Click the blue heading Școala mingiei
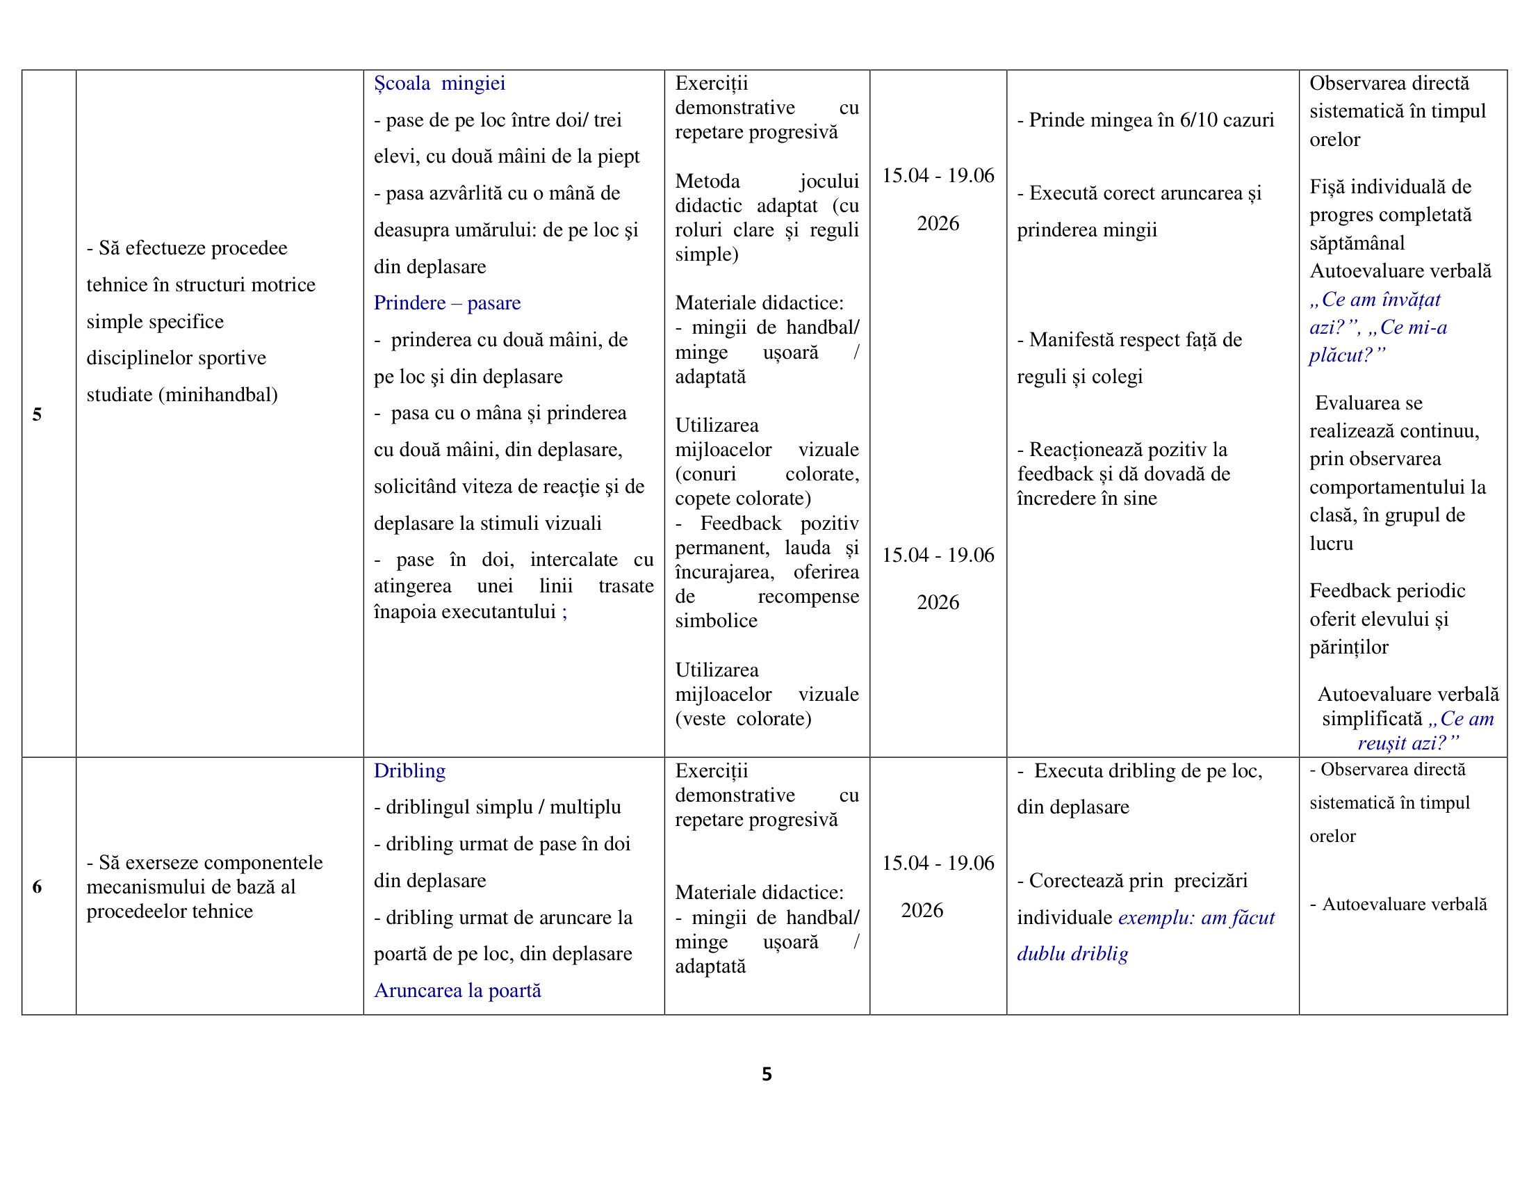(x=439, y=83)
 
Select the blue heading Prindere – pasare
(x=447, y=302)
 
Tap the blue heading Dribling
(x=409, y=770)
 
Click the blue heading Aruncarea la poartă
(x=457, y=990)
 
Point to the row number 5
(x=37, y=414)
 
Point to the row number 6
(x=37, y=886)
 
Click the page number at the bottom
(x=767, y=1074)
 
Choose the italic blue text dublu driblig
(x=1072, y=954)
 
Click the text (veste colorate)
(x=743, y=718)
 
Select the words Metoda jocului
(x=766, y=181)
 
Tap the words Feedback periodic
(x=1387, y=591)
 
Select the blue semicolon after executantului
(x=564, y=612)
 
